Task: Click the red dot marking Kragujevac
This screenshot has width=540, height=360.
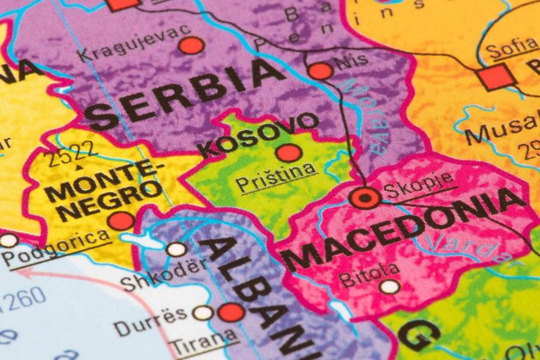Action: [191, 46]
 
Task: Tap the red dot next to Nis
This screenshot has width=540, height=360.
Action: [320, 71]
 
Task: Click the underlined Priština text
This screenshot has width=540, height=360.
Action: [275, 180]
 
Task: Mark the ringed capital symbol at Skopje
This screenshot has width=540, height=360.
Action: [364, 198]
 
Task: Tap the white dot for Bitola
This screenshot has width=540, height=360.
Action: [389, 286]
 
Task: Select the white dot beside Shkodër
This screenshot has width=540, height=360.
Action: [176, 249]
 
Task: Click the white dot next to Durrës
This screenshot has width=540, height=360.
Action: [202, 313]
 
